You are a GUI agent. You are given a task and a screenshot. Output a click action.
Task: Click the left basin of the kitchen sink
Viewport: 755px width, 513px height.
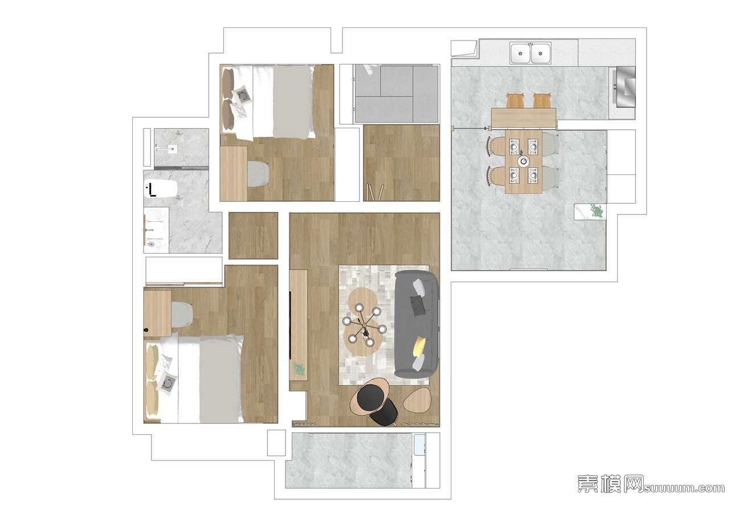[x=521, y=53]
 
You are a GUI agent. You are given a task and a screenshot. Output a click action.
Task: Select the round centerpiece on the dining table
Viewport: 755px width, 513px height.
[x=524, y=161]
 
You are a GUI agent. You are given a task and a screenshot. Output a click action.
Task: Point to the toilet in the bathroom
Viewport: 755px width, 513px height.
[x=161, y=189]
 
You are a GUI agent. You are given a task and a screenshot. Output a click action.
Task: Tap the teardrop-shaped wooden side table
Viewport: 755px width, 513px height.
[x=417, y=399]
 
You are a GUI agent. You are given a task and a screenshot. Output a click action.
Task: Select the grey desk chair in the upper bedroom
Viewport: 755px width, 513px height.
[x=258, y=174]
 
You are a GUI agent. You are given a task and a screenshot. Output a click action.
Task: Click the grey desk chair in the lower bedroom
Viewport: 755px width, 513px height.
[x=182, y=314]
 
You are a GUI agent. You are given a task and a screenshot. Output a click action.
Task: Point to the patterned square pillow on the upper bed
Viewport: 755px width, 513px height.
[x=242, y=96]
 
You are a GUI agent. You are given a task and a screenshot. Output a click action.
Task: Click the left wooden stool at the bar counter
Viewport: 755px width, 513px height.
[x=515, y=101]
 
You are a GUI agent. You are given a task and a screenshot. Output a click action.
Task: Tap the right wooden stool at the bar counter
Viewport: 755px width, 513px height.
[x=542, y=101]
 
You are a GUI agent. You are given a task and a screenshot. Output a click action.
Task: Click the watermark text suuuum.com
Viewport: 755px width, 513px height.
[x=684, y=488]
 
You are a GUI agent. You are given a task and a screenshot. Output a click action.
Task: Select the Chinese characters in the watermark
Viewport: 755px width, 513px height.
[x=610, y=484]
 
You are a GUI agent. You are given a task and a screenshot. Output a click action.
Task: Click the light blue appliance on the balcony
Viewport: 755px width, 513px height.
[x=419, y=445]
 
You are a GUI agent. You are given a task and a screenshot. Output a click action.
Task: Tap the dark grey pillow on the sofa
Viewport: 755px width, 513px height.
[x=418, y=305]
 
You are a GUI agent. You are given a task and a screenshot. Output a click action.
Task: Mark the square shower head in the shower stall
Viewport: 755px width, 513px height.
[x=172, y=148]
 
